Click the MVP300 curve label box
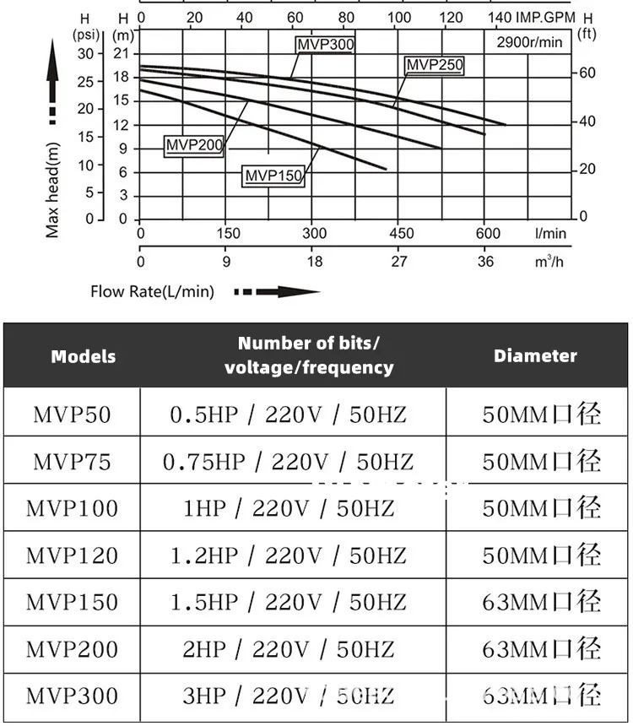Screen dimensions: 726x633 click(325, 45)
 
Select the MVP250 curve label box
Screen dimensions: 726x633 click(435, 65)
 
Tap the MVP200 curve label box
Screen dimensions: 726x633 click(194, 146)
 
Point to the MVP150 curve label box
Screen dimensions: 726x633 click(273, 176)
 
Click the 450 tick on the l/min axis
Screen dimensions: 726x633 click(401, 234)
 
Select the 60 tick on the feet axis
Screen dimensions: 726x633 click(587, 73)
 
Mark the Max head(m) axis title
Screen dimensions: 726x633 click(53, 189)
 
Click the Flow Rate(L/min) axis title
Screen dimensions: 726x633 click(152, 292)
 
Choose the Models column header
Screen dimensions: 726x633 click(84, 356)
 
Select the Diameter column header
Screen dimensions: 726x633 click(535, 355)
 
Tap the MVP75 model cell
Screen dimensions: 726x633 click(72, 462)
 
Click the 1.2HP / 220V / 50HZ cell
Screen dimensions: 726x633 click(288, 555)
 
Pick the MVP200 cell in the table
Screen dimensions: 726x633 click(72, 649)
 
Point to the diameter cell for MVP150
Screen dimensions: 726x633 click(541, 602)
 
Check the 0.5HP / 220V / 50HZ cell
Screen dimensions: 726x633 click(288, 414)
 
